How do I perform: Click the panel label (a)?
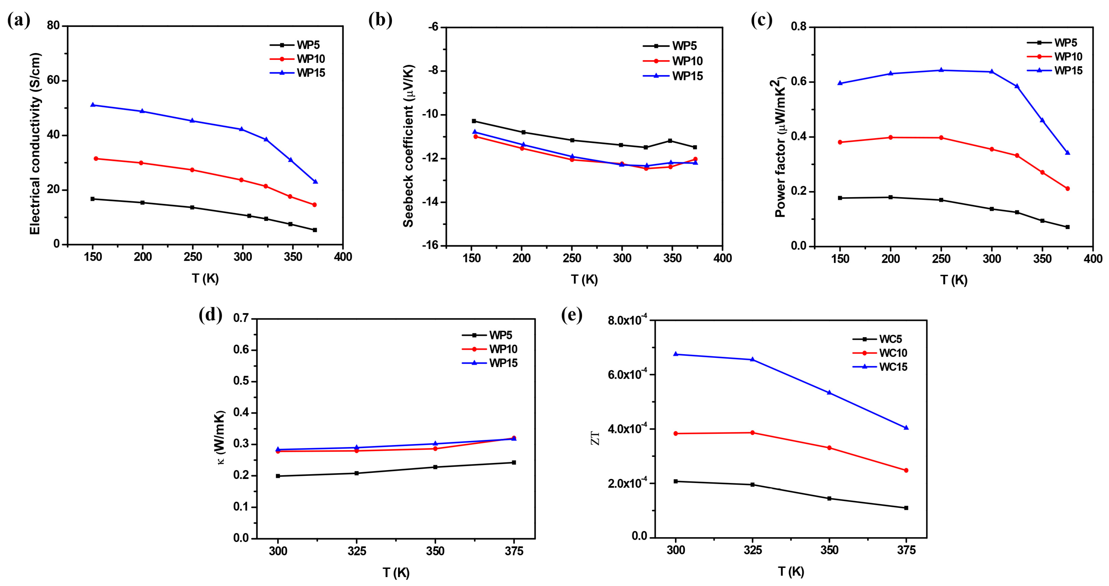(18, 21)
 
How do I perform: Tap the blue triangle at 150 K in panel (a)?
(93, 105)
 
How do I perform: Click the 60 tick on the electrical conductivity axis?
(53, 81)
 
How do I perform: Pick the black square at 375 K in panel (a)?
(315, 230)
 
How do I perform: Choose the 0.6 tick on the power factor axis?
(799, 82)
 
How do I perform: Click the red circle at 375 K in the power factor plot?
(1067, 189)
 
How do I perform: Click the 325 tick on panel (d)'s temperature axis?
(356, 551)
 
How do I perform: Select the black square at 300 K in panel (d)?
(278, 476)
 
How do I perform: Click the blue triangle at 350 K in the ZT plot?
(829, 393)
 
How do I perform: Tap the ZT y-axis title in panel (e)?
(595, 438)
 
